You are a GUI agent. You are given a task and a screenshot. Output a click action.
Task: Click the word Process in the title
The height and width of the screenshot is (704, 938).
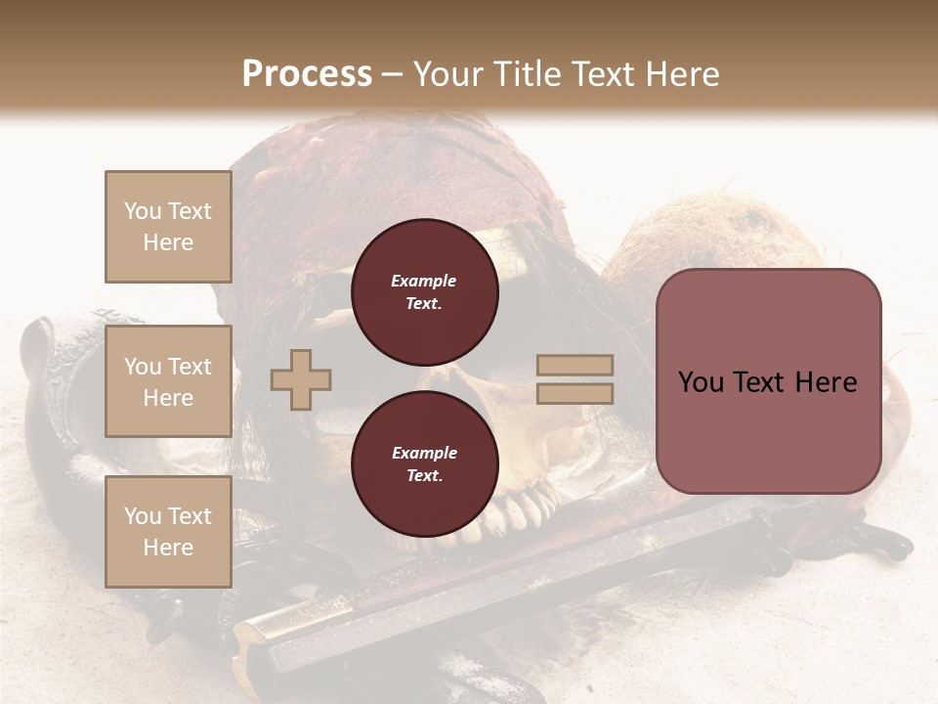click(307, 74)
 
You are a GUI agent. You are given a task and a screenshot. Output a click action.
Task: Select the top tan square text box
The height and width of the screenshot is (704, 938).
click(168, 227)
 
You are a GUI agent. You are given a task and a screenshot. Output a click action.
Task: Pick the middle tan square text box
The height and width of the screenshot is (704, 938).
click(168, 381)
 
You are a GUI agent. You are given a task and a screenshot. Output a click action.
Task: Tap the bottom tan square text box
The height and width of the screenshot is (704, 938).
click(168, 532)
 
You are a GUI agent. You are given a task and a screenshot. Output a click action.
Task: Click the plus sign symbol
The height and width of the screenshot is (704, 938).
click(301, 379)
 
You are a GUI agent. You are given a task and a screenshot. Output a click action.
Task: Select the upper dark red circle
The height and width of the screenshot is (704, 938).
click(424, 292)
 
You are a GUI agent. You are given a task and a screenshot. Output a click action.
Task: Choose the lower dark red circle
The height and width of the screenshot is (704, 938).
click(424, 464)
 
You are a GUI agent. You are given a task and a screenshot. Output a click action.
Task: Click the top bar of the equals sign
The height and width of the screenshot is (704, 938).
click(576, 366)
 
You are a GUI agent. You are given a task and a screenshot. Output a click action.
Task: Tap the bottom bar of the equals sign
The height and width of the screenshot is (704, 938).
click(576, 393)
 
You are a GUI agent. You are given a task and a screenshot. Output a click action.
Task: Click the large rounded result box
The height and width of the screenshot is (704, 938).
click(768, 381)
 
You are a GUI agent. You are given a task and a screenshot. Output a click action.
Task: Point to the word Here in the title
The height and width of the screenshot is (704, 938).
click(680, 74)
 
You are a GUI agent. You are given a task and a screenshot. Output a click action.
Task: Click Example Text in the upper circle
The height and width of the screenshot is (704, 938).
click(424, 292)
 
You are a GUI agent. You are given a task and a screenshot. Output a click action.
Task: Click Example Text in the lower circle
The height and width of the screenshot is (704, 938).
click(424, 464)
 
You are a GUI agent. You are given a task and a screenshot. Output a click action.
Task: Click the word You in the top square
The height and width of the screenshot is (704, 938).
click(143, 211)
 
